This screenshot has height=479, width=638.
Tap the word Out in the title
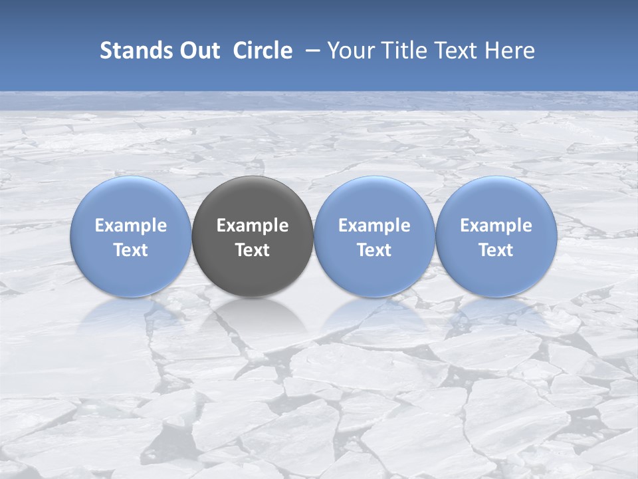[x=199, y=51]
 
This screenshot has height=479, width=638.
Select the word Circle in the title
[x=263, y=51]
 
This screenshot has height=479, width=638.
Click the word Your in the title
[x=349, y=51]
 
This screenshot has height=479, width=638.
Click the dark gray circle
[x=253, y=236]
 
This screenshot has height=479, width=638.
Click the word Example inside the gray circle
[x=253, y=226]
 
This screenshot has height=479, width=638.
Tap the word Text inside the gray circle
[x=253, y=250]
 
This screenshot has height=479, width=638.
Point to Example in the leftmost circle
[x=131, y=226]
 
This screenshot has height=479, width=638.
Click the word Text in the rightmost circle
[x=496, y=250]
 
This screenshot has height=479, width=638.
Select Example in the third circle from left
[x=374, y=226]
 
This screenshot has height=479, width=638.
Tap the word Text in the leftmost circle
[x=131, y=250]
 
